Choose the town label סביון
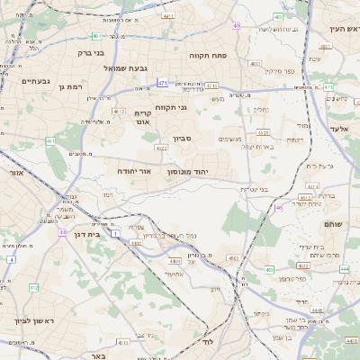[x=183, y=139]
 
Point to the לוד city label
[x=207, y=342]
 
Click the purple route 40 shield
[x=236, y=26]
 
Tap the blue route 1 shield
[x=115, y=233]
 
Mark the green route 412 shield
[x=33, y=287]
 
